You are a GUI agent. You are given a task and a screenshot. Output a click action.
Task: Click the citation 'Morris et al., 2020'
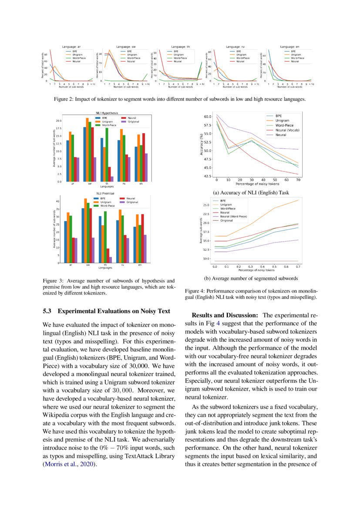69,464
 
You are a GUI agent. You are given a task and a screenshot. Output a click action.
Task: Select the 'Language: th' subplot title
181,46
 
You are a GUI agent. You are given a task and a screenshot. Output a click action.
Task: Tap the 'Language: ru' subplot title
235,46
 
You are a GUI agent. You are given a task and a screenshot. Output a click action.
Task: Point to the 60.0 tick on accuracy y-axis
207,117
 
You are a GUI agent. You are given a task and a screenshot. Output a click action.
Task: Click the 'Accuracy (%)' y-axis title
201,146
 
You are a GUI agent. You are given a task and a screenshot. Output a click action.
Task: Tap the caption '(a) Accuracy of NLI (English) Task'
251,192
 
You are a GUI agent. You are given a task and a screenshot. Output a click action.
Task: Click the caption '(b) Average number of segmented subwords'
251,278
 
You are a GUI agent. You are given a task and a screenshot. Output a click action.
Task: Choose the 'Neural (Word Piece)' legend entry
234,216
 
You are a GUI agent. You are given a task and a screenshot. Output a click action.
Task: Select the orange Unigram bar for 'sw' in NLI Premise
86,230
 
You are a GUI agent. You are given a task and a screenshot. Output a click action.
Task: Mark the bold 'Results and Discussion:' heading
225,315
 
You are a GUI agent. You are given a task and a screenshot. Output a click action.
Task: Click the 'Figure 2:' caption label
64,99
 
